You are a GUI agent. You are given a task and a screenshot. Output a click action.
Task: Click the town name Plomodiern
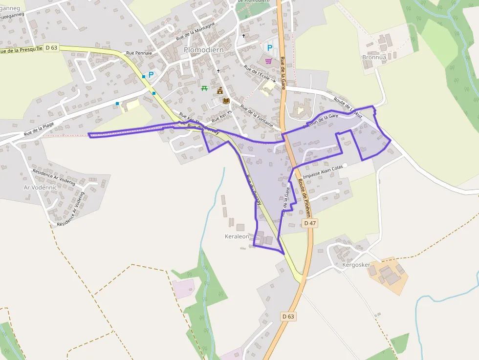pos(203,50)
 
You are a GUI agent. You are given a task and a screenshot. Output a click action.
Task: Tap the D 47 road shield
pos(310,223)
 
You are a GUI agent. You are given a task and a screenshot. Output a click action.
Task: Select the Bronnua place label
pos(374,57)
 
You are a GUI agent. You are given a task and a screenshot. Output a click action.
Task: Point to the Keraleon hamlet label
pos(237,236)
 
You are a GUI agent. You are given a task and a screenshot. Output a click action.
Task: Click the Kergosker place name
pos(356,265)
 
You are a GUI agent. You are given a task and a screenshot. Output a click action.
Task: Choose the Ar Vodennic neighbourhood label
pos(41,187)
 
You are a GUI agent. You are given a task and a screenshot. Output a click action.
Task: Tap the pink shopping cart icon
pos(268,61)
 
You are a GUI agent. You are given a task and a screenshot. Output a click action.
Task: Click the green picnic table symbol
pos(204,88)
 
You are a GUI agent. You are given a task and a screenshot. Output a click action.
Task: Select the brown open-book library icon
pos(226,101)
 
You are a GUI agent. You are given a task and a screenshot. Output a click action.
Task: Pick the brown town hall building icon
pos(220,90)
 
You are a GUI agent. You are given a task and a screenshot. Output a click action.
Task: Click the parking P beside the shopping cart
pos(269,47)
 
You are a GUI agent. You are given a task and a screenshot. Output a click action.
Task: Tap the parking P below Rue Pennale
pos(151,75)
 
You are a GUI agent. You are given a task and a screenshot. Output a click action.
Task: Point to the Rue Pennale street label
pos(139,53)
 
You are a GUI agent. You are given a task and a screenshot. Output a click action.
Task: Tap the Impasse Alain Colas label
pos(323,172)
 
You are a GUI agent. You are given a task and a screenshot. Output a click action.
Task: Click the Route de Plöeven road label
pos(304,198)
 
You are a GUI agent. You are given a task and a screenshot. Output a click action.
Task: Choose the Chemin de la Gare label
pos(320,121)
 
